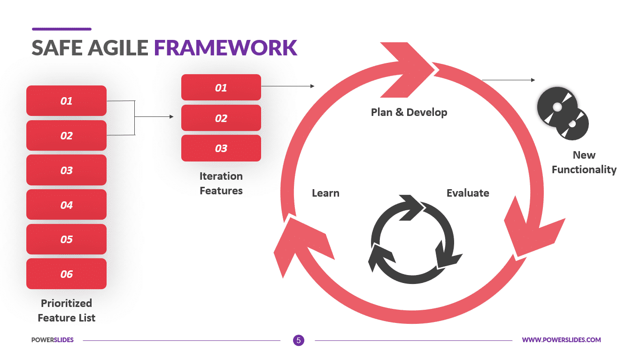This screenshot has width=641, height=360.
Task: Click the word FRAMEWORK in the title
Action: [225, 48]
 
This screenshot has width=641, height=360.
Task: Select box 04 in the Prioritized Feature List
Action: [66, 205]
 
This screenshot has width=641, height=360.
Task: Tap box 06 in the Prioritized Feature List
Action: [66, 274]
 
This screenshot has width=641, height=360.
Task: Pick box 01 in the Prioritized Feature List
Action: [66, 100]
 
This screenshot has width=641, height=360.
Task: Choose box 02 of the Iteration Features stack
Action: [221, 118]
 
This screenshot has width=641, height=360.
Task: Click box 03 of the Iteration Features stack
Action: [221, 148]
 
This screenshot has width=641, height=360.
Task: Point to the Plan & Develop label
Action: [409, 112]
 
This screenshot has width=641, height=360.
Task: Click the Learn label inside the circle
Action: [325, 193]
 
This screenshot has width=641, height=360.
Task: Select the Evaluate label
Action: [467, 193]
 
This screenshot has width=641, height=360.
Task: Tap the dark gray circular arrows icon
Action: [414, 240]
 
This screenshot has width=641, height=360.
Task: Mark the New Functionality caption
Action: [584, 162]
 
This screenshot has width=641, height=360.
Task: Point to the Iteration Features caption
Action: [221, 183]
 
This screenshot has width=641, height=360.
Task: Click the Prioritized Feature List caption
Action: [66, 310]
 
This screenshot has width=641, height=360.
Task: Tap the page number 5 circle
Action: [298, 340]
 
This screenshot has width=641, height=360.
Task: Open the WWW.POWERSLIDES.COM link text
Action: [561, 340]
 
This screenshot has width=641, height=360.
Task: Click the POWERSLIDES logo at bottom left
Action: [52, 340]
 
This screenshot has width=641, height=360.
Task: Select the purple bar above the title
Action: [62, 29]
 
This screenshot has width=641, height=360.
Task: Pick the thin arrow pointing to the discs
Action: [508, 80]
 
